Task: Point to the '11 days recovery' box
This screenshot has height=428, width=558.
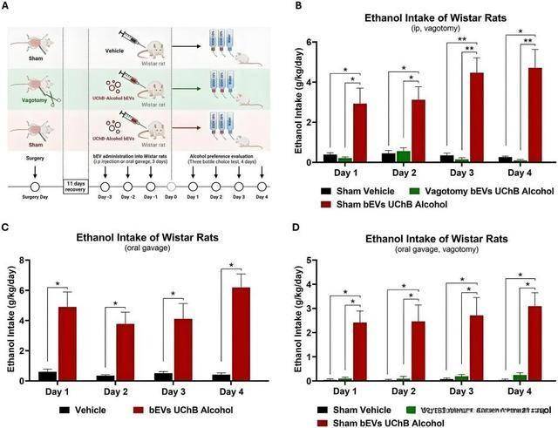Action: pyautogui.click(x=76, y=185)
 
